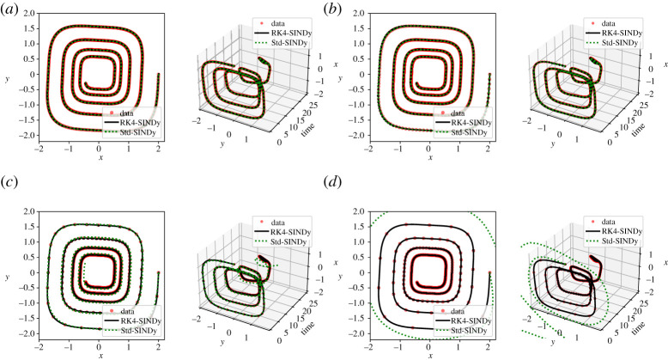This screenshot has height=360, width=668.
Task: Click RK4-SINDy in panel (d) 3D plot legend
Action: (x=613, y=229)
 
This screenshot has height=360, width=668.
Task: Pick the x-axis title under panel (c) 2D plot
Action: (x=101, y=354)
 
